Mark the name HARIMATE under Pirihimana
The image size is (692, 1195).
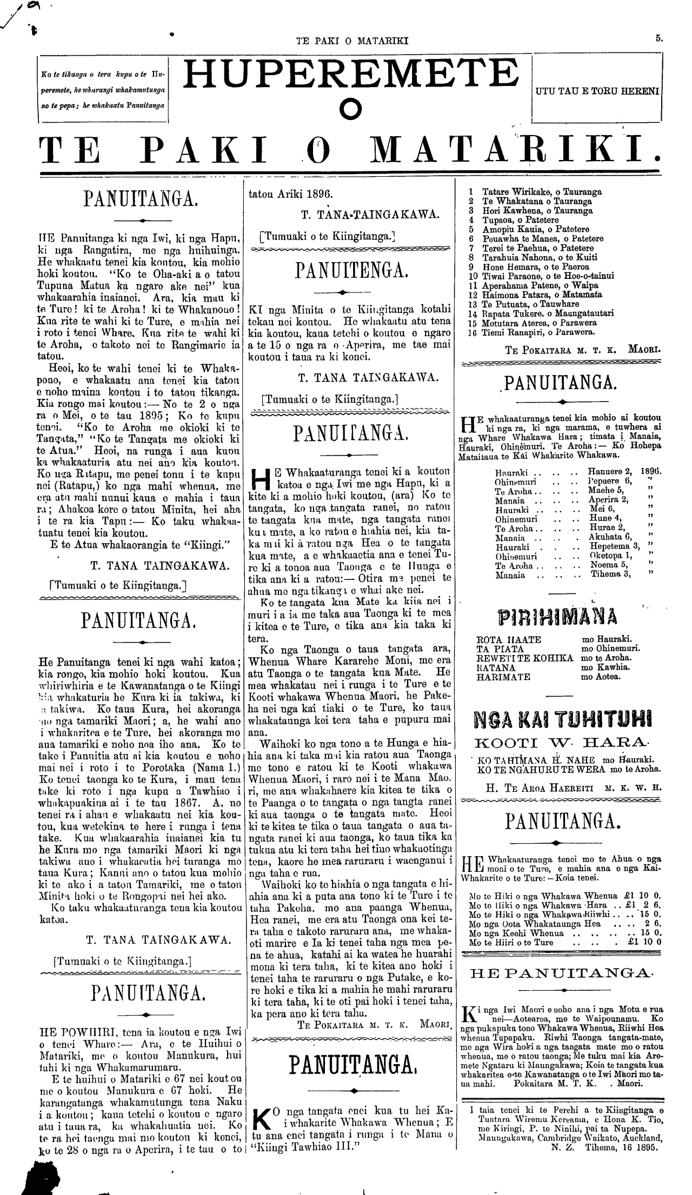504,676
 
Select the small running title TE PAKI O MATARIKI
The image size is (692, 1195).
352,39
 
